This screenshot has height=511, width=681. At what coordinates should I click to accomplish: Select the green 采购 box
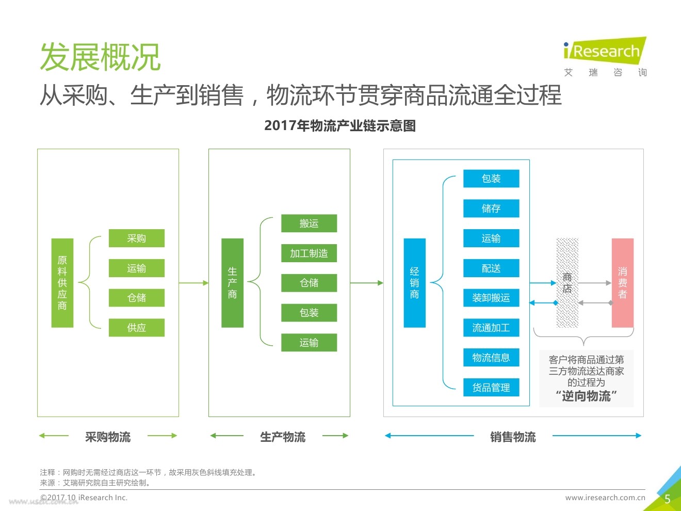[137, 238]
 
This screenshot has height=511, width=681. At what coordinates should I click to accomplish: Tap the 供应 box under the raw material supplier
[137, 328]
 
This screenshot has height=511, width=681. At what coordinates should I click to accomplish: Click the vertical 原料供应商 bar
[62, 283]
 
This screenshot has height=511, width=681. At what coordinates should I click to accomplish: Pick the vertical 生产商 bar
[232, 283]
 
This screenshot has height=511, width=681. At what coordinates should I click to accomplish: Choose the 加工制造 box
[309, 253]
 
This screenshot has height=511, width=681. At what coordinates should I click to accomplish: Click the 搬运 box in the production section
[309, 223]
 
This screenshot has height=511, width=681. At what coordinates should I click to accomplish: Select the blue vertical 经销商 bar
[414, 283]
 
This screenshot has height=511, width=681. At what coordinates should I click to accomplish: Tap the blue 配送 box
[491, 268]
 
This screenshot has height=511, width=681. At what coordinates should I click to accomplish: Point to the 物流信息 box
[491, 357]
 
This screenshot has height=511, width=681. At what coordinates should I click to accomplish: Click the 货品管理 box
[491, 387]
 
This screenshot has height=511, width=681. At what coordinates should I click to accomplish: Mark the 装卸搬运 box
[491, 298]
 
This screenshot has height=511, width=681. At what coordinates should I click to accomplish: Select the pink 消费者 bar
[623, 283]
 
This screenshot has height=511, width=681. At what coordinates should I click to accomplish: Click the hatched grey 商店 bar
[567, 283]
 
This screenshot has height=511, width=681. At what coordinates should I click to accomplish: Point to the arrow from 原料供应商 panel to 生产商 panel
[193, 283]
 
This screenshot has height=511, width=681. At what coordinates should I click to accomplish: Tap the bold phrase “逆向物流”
[586, 396]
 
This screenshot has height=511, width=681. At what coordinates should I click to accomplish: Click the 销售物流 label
[513, 437]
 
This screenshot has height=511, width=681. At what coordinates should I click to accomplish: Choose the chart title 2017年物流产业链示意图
[340, 125]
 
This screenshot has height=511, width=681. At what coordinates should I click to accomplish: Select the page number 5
[668, 499]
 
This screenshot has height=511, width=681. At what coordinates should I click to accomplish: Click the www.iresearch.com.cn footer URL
[605, 498]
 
